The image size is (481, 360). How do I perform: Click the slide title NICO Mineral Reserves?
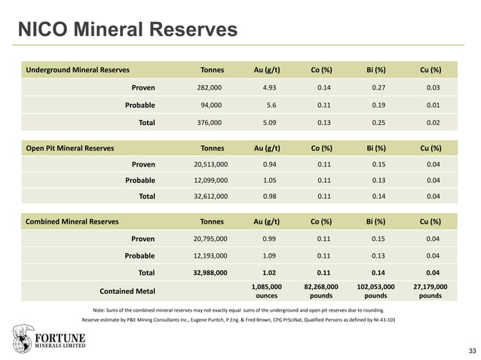coord(127,29)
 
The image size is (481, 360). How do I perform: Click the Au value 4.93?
coord(269,87)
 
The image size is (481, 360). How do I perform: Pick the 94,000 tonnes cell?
coord(211,105)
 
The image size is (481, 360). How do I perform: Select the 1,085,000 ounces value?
coord(267,291)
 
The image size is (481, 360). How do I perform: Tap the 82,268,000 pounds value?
coord(320,291)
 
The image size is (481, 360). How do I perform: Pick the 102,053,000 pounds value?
coord(375,291)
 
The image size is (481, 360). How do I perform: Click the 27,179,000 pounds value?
coord(430,291)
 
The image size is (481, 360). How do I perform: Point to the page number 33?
coord(472,352)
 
